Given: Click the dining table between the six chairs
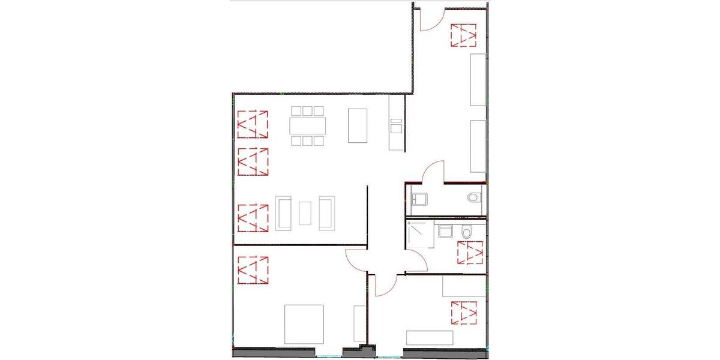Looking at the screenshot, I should [308, 126].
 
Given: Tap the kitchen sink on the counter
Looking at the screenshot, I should [396, 127].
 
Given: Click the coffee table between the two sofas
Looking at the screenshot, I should [305, 213].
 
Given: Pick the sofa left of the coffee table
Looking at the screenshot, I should [283, 213].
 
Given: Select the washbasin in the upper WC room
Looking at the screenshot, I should [420, 199].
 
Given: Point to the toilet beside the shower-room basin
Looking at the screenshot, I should [466, 231].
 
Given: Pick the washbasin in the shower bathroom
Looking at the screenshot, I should [445, 231].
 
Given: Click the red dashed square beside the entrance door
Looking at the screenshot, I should [463, 35].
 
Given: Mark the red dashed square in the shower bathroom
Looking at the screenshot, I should [470, 252].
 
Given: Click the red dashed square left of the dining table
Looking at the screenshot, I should [253, 125].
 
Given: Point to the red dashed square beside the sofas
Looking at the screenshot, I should [253, 218].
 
